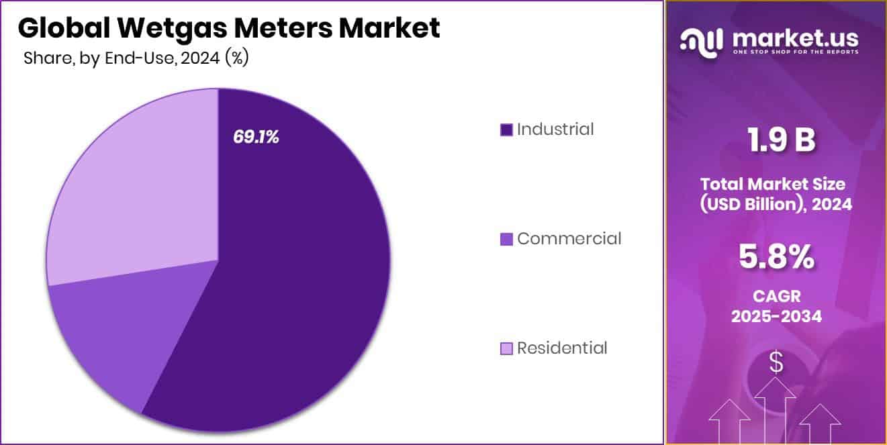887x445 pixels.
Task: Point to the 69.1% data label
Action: [256, 137]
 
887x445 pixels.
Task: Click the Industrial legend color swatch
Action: [507, 130]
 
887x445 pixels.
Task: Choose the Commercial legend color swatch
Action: [507, 239]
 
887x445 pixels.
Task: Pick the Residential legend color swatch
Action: [507, 348]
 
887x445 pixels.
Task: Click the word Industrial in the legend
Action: [555, 129]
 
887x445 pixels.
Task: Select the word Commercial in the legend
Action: [569, 238]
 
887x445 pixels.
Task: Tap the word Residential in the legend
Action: [562, 348]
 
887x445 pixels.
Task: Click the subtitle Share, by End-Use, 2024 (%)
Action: [136, 58]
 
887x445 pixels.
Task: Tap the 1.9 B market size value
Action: [776, 140]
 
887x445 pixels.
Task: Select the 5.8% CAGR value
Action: [776, 258]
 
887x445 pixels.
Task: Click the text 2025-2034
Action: [776, 316]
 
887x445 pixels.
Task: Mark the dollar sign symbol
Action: [776, 363]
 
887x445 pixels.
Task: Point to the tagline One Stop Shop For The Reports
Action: [795, 52]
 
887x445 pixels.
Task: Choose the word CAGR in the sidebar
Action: [776, 295]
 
